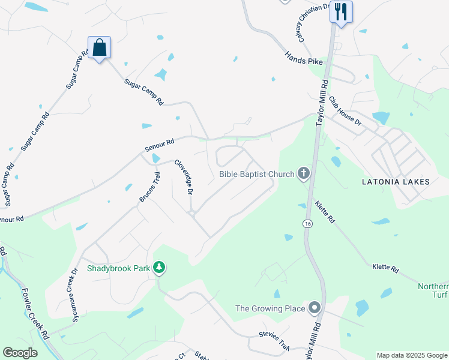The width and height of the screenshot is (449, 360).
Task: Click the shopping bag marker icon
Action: (100, 48)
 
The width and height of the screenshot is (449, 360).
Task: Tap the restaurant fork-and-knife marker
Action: (341, 11)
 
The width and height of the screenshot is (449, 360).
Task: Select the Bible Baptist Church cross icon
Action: (304, 174)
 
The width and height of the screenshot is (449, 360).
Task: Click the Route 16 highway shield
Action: (307, 223)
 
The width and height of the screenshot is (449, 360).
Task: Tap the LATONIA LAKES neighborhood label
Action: (396, 181)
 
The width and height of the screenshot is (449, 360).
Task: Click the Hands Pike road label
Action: (304, 58)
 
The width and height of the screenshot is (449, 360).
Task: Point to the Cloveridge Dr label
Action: (184, 176)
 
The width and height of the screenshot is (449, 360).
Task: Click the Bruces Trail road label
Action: (150, 187)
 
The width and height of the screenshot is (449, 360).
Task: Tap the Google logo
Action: (20, 353)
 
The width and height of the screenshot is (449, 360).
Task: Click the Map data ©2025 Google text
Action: (411, 355)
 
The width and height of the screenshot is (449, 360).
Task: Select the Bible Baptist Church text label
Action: (256, 174)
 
